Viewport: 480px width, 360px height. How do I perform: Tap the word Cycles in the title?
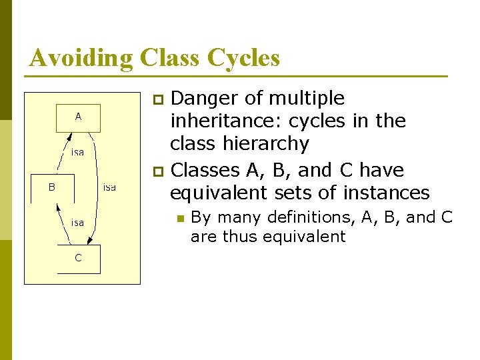(x=244, y=58)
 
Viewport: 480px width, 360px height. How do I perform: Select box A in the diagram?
(x=78, y=117)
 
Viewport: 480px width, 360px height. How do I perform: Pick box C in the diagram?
(x=78, y=259)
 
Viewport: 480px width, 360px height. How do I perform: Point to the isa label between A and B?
(x=78, y=153)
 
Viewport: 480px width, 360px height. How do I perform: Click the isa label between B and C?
(x=78, y=223)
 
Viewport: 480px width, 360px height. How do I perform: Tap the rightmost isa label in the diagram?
(x=109, y=187)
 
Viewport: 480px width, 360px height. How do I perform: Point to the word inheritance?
(x=216, y=121)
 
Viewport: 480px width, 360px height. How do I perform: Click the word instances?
(x=386, y=193)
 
